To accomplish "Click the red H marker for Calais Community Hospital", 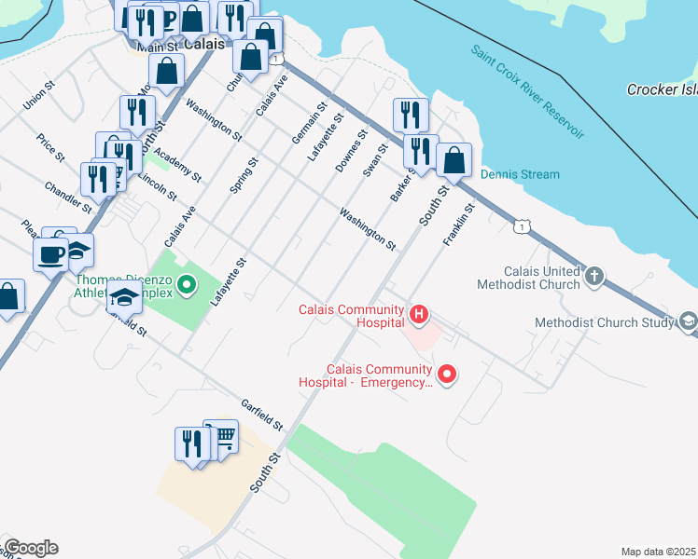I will click(419, 315).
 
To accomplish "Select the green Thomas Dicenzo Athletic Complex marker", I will click(186, 283).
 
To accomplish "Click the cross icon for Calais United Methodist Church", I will click(594, 276).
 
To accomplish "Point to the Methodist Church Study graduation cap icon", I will click(689, 321).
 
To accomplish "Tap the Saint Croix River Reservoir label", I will click(527, 91).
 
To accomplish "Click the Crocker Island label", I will click(661, 89).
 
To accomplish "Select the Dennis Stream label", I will click(520, 174).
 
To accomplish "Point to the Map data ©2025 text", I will click(658, 552).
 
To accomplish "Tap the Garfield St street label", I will click(261, 415).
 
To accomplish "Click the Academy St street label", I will click(177, 164).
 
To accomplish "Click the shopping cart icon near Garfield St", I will click(221, 435).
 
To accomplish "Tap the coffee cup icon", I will click(50, 253).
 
